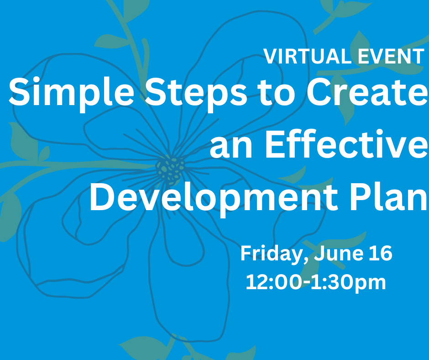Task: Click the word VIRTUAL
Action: click(x=307, y=57)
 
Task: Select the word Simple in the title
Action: click(x=71, y=92)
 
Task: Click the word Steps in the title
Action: click(x=196, y=92)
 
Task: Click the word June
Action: click(x=339, y=253)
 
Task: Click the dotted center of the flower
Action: click(x=170, y=169)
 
